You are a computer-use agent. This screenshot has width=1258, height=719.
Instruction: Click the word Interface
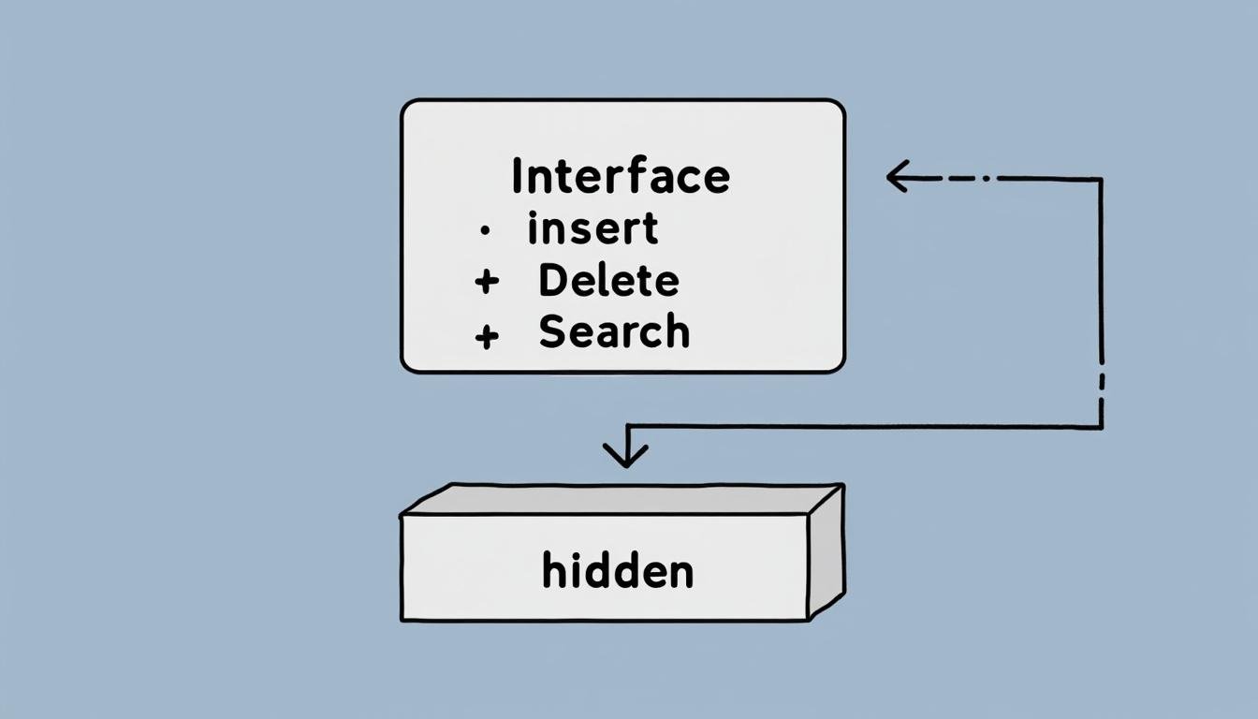click(621, 177)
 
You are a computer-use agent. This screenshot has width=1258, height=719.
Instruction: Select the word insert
click(592, 229)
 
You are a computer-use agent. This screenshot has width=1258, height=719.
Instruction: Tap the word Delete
click(608, 281)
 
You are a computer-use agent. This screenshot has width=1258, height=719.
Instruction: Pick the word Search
click(614, 332)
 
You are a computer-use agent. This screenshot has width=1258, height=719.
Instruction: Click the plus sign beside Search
click(486, 335)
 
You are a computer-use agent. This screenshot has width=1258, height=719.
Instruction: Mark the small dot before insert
click(484, 230)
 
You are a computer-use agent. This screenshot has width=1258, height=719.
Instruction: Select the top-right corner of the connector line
click(1101, 178)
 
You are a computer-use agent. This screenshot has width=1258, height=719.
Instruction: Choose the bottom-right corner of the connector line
click(1101, 427)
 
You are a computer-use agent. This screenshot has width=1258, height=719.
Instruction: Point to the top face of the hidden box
click(618, 499)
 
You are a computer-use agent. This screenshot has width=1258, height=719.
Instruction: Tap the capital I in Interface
click(517, 177)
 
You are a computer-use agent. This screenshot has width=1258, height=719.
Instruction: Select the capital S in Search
click(552, 332)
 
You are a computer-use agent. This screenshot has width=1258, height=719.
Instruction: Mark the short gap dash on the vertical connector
click(1101, 382)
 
